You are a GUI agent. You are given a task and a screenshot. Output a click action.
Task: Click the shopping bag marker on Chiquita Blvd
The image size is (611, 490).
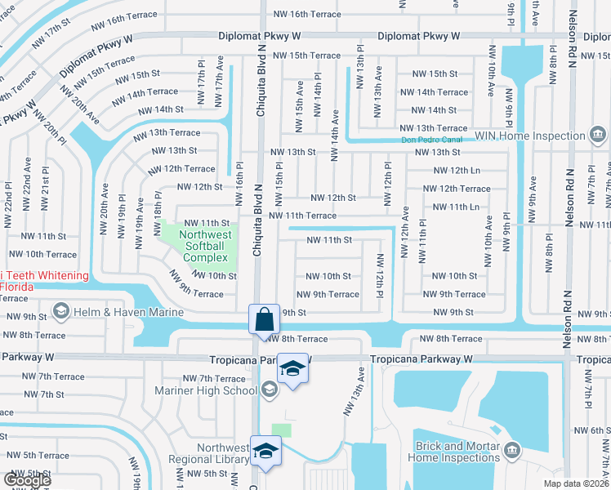[265, 319]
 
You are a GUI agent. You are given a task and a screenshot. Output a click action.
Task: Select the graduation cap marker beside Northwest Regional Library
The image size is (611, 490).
[266, 451]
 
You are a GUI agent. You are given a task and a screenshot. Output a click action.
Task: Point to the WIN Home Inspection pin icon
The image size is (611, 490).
[598, 133]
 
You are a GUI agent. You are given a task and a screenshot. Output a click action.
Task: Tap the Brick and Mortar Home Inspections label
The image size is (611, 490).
[452, 452]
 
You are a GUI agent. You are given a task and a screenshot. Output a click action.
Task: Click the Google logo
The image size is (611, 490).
[27, 479]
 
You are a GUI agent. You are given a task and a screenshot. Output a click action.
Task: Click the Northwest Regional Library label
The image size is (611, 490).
[209, 453]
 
